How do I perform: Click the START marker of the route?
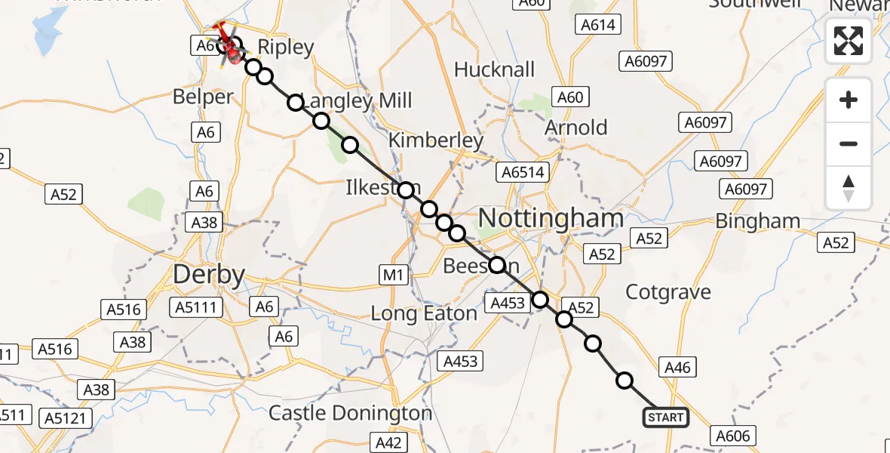pyautogui.click(x=665, y=417)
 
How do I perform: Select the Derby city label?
pyautogui.click(x=209, y=275)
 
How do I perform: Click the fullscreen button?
pyautogui.click(x=849, y=41)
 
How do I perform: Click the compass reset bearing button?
pyautogui.click(x=849, y=188)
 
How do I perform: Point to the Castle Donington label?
pyautogui.click(x=351, y=413)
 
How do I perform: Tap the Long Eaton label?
pyautogui.click(x=424, y=313)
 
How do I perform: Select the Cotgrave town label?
pyautogui.click(x=669, y=292)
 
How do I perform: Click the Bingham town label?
pyautogui.click(x=757, y=221)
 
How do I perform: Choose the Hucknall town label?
pyautogui.click(x=495, y=70)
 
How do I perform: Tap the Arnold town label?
pyautogui.click(x=576, y=127)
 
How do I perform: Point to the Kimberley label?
pyautogui.click(x=435, y=140)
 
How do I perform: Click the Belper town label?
pyautogui.click(x=203, y=97)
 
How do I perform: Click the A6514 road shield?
pyautogui.click(x=520, y=173)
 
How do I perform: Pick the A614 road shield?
pyautogui.click(x=598, y=25)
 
